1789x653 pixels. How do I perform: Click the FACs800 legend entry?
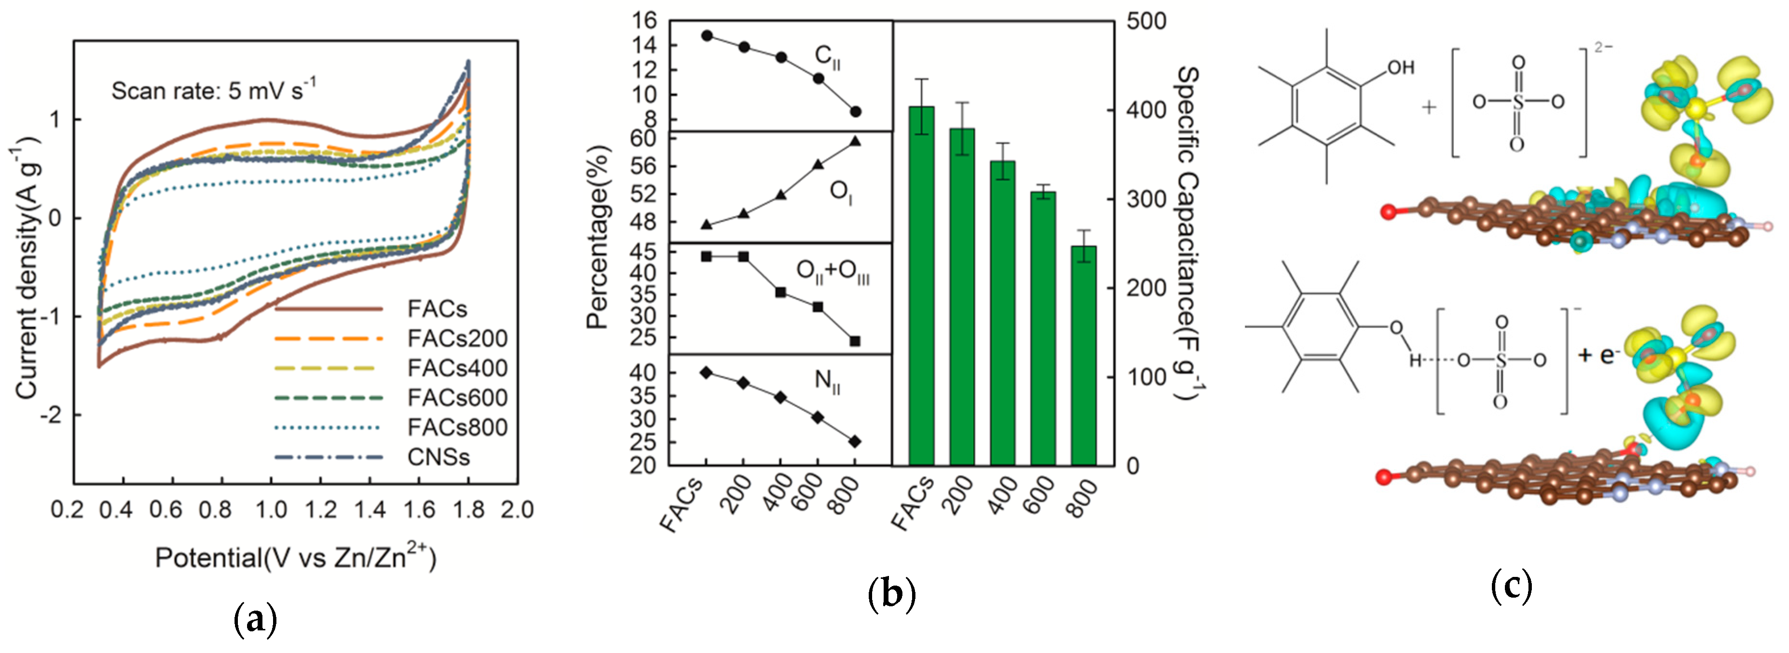tap(457, 427)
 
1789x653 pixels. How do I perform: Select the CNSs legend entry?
tap(438, 457)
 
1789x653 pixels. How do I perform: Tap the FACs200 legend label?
tap(457, 339)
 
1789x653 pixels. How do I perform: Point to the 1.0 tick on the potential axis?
tap(271, 510)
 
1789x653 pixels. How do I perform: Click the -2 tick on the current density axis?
tap(52, 416)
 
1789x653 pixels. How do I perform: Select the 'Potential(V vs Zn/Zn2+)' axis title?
tap(296, 557)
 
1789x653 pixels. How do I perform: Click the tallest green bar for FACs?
tap(922, 285)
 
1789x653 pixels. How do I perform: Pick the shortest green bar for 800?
tap(1084, 354)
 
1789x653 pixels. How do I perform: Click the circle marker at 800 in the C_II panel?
tap(856, 112)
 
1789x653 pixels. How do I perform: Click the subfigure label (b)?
tap(892, 595)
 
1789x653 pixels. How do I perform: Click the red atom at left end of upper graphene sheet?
tap(1388, 212)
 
